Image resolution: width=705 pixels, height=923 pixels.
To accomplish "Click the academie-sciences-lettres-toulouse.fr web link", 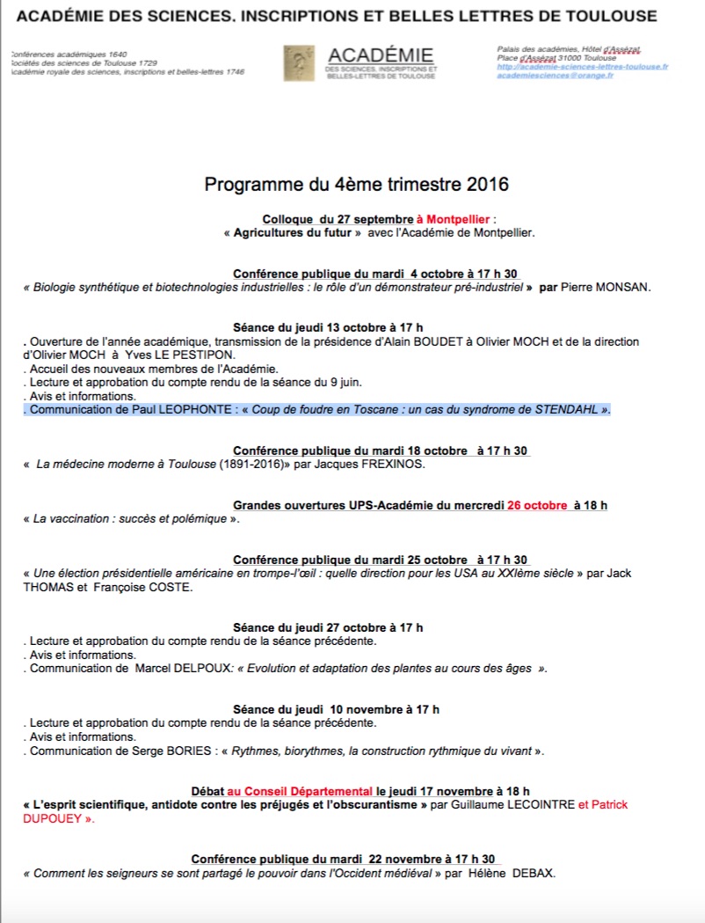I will (x=582, y=67).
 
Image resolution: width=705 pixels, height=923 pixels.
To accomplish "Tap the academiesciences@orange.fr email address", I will (x=555, y=76).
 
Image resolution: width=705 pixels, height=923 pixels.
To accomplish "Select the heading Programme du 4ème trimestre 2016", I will (x=356, y=185).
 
